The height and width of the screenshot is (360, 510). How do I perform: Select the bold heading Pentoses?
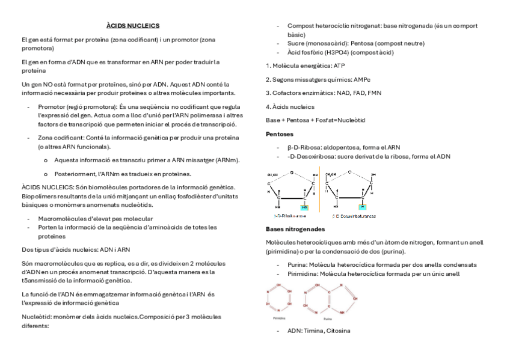click(x=280, y=133)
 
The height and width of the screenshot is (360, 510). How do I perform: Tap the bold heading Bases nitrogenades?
click(x=295, y=230)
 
